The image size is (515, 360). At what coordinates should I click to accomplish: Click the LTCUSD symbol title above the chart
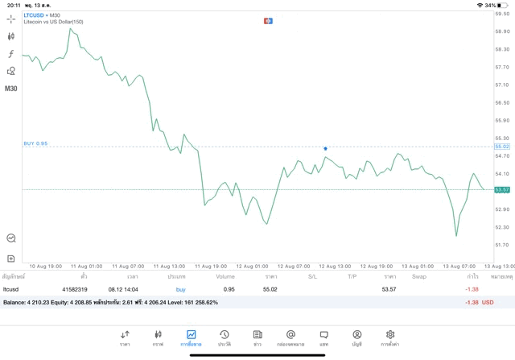click(x=35, y=15)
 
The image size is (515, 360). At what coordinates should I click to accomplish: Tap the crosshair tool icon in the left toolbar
click(x=11, y=19)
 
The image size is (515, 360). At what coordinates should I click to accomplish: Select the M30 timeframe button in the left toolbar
click(x=11, y=89)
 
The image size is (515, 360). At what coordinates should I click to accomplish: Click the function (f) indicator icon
click(x=11, y=54)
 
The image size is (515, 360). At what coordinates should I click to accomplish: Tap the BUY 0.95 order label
click(x=35, y=143)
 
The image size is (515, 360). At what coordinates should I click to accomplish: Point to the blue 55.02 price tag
click(x=502, y=147)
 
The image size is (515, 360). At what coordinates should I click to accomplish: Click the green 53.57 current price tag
click(x=502, y=189)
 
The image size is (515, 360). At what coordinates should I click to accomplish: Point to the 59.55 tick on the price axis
click(x=502, y=14)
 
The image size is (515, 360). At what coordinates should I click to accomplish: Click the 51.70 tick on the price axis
click(x=502, y=245)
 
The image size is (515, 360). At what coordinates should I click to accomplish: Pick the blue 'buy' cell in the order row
click(x=180, y=288)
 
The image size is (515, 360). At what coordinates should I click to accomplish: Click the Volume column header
click(x=225, y=276)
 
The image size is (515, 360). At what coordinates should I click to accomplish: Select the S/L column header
click(x=312, y=276)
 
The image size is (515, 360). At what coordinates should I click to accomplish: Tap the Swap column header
click(x=418, y=276)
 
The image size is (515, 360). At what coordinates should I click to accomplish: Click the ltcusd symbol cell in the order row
click(x=10, y=288)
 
